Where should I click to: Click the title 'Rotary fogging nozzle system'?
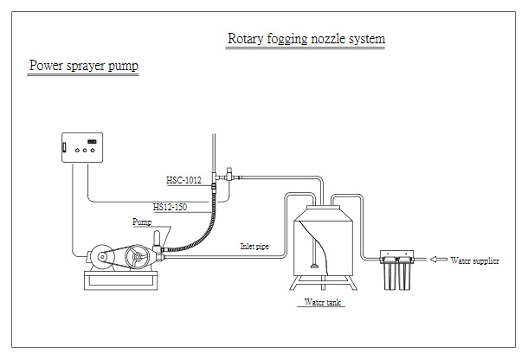click(x=306, y=39)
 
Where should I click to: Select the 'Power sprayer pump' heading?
click(x=83, y=65)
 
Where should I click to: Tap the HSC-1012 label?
click(x=184, y=180)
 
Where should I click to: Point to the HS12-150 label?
click(x=170, y=207)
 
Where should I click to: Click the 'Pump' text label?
click(x=142, y=222)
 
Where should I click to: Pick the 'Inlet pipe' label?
click(x=254, y=246)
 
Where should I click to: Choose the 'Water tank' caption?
click(x=323, y=303)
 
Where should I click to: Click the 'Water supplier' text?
click(x=474, y=260)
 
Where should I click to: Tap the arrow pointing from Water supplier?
click(x=437, y=260)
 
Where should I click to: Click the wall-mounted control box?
click(x=83, y=146)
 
